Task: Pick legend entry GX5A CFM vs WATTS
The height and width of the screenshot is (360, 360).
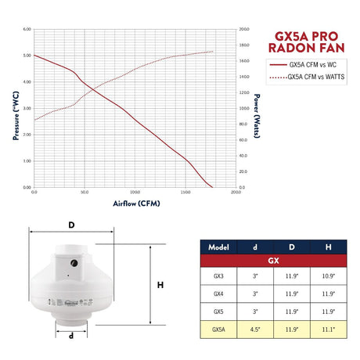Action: (x=315, y=77)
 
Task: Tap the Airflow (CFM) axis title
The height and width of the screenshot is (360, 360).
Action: (x=135, y=203)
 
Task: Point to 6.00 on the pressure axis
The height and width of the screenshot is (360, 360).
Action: (x=27, y=30)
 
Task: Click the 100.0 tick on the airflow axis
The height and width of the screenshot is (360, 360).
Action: (x=135, y=193)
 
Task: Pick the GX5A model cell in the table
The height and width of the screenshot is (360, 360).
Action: (x=218, y=330)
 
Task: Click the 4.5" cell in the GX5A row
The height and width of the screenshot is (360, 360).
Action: (x=255, y=330)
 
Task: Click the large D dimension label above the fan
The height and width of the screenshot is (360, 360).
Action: (x=71, y=225)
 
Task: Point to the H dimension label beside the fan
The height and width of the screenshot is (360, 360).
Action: (x=160, y=286)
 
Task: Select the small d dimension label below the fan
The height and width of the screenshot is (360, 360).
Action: (x=71, y=337)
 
